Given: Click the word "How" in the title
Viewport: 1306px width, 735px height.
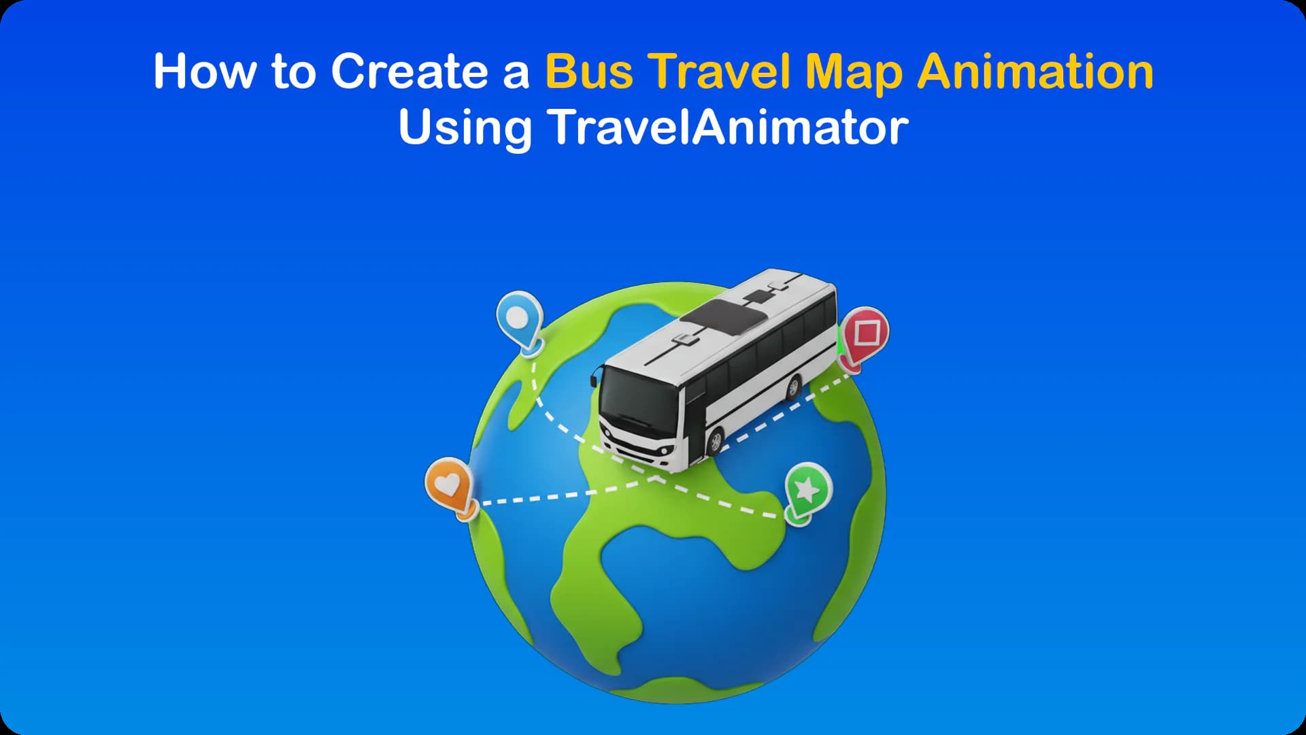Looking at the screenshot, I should pos(203,71).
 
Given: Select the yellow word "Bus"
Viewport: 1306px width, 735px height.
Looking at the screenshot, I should pos(589,71).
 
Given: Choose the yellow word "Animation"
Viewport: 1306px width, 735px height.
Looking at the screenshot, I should pos(1035,71).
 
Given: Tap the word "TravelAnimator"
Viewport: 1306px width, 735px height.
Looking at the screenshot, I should pos(729,127).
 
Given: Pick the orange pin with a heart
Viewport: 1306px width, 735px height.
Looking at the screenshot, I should pos(449,486).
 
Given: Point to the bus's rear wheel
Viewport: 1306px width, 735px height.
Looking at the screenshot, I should pos(793,387).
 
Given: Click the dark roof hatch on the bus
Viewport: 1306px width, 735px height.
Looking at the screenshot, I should pos(724,317).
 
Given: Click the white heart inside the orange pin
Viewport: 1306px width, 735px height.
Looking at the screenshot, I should pos(447,485).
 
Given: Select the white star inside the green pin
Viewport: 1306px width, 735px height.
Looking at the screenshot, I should pos(807,488).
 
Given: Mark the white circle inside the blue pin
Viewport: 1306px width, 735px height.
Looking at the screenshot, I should pos(518,317).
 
